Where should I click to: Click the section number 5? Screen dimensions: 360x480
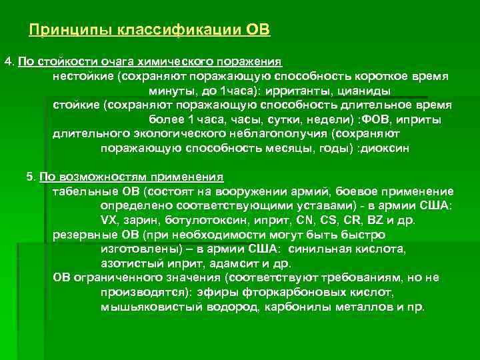(x=29, y=177)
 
